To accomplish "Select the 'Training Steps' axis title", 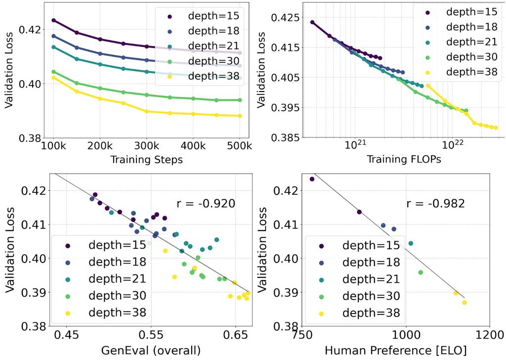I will (x=146, y=159).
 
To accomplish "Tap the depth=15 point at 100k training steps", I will (x=53, y=20).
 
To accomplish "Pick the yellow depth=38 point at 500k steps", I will (x=240, y=116).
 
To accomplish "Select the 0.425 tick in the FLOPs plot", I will (x=286, y=18).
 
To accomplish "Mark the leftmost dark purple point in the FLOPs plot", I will (x=312, y=22).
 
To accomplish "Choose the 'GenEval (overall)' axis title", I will (x=151, y=351).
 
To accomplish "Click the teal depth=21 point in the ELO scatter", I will (x=411, y=243).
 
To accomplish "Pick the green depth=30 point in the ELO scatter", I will (x=421, y=272).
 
